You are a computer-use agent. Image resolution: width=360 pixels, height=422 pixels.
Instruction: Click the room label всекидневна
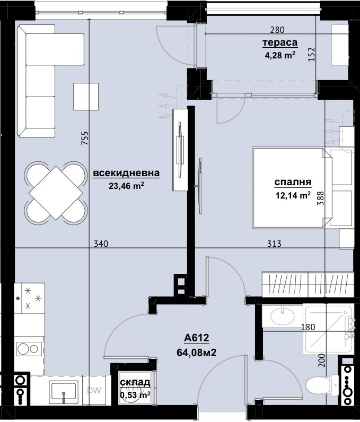click(x=126, y=173)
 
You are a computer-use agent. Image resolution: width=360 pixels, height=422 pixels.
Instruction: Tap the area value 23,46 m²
click(x=126, y=185)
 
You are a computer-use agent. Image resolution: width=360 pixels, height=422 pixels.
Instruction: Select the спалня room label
click(x=292, y=183)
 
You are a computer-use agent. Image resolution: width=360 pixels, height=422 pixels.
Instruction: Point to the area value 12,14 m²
click(x=292, y=195)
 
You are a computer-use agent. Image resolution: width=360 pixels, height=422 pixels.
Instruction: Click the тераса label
click(x=279, y=43)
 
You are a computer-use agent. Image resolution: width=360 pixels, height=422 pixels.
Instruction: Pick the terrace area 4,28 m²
click(x=279, y=54)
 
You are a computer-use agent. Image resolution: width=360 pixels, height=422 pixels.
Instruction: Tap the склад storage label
click(x=135, y=382)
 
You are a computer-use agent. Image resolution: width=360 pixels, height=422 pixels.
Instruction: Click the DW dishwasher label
click(x=94, y=391)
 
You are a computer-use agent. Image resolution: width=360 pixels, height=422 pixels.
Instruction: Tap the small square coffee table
click(x=85, y=96)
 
